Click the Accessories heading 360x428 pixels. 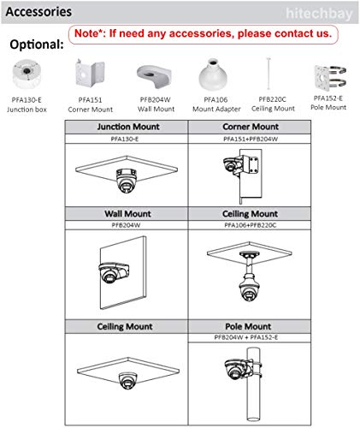tap(38, 12)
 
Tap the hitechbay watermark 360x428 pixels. tap(319, 14)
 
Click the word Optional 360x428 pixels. tap(37, 45)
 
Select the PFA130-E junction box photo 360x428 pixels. tap(27, 74)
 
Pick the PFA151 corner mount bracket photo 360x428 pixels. tap(90, 73)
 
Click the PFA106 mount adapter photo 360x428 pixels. tap(213, 74)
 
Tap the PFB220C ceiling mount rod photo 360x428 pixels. tap(269, 74)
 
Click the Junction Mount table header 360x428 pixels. tap(128, 127)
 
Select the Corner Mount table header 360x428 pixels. tap(251, 127)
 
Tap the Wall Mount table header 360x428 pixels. tap(127, 214)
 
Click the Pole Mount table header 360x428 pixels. tap(248, 326)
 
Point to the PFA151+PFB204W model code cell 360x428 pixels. tap(251, 139)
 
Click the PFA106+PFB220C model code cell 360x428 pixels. tap(251, 225)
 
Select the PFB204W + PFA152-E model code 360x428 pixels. tap(246, 337)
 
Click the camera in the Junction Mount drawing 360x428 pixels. tap(127, 181)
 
